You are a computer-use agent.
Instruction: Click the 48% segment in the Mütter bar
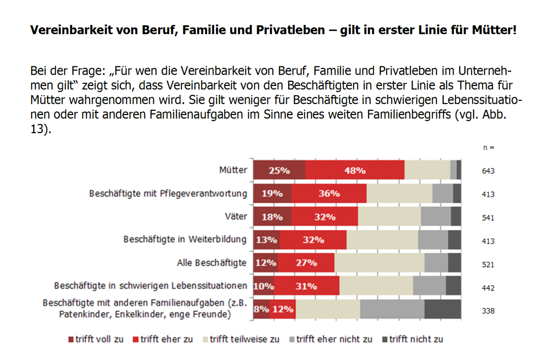354,170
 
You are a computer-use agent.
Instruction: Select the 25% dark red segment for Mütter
279,170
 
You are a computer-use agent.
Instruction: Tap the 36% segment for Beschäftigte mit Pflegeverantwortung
329,194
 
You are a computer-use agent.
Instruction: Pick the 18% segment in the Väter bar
272,217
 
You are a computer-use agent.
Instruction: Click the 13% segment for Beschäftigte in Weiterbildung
266,240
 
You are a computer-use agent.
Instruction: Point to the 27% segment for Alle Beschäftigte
306,263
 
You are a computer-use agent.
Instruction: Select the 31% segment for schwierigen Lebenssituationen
306,286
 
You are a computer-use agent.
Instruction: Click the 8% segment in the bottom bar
261,309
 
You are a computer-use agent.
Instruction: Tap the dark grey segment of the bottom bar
443,309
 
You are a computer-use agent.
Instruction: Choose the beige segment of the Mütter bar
427,170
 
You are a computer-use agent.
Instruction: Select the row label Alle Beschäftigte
211,263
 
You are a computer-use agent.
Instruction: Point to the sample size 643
488,171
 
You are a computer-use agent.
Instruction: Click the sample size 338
488,311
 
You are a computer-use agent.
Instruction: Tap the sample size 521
488,265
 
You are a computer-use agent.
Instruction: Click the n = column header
488,148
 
